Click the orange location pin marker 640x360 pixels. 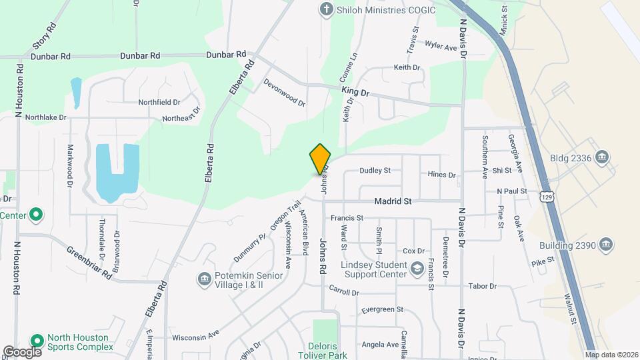pyautogui.click(x=320, y=159)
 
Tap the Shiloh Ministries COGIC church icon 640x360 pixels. pyautogui.click(x=326, y=9)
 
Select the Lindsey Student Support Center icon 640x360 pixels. pyautogui.click(x=417, y=269)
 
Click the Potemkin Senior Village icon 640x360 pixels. pyautogui.click(x=204, y=278)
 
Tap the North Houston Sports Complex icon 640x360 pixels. pyautogui.click(x=36, y=341)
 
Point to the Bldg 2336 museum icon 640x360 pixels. pyautogui.click(x=603, y=157)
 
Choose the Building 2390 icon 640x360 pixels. pyautogui.click(x=606, y=245)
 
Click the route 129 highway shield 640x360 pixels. pyautogui.click(x=547, y=197)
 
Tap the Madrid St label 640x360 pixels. pyautogui.click(x=393, y=201)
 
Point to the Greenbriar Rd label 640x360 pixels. pyautogui.click(x=89, y=262)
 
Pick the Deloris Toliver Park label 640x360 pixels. pyautogui.click(x=325, y=351)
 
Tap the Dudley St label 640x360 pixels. pyautogui.click(x=375, y=171)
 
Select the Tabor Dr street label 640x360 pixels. pyautogui.click(x=483, y=286)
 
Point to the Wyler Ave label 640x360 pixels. pyautogui.click(x=441, y=47)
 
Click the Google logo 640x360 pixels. pyautogui.click(x=22, y=352)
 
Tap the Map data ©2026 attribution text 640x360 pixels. pyautogui.click(x=611, y=355)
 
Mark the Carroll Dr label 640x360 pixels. pyautogui.click(x=344, y=291)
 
